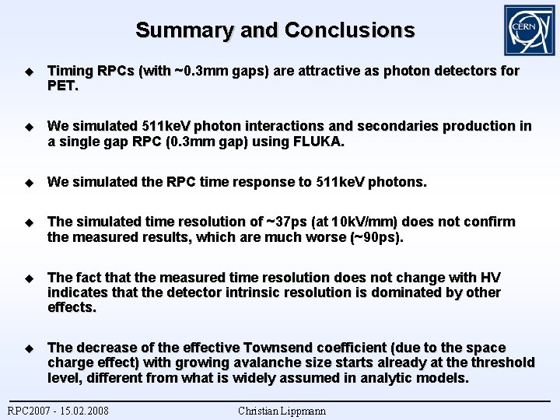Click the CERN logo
[529, 30]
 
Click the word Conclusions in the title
[349, 30]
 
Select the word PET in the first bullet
[62, 86]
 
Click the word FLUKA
[319, 142]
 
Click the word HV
[491, 278]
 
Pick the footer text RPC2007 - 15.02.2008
[58, 411]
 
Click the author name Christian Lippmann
[282, 411]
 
